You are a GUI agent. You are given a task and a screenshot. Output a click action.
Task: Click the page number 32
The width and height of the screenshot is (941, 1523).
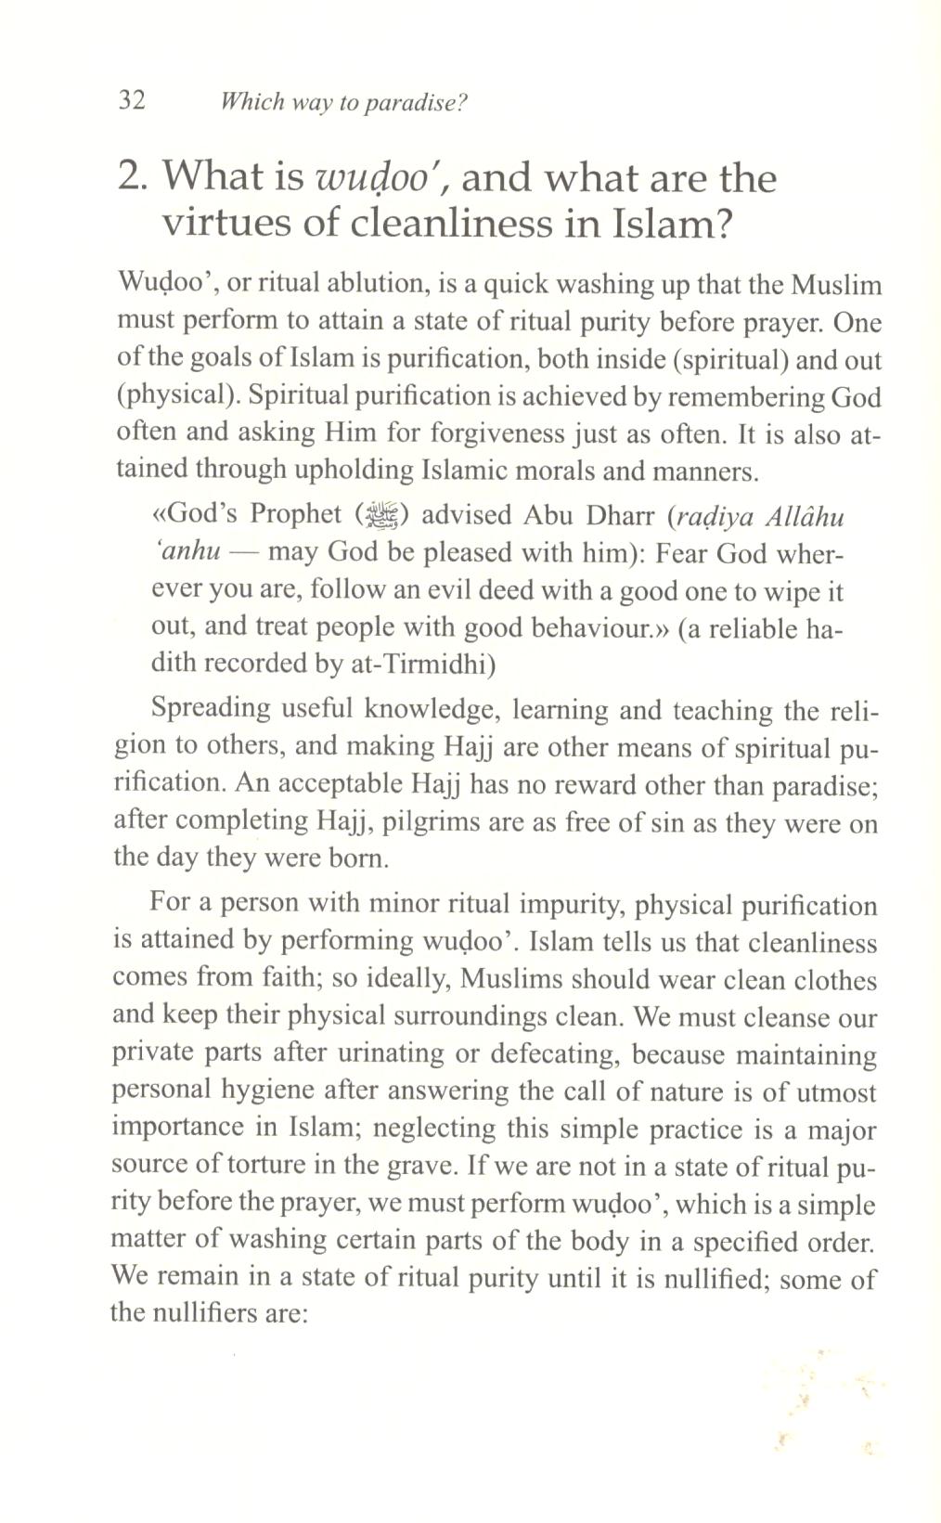pos(133,100)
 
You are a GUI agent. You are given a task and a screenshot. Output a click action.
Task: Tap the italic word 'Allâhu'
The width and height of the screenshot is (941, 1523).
pos(806,515)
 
